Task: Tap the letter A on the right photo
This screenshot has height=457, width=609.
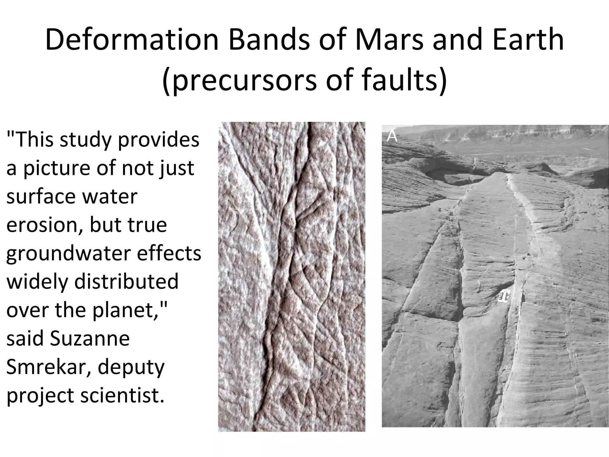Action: coord(392,136)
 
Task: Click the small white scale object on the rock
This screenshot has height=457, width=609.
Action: coord(504,296)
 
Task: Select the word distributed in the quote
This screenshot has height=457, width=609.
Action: coord(126,281)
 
